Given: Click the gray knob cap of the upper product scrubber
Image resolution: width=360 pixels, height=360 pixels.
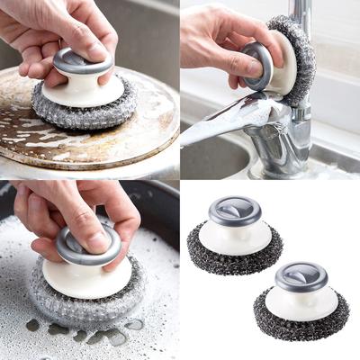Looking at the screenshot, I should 234,211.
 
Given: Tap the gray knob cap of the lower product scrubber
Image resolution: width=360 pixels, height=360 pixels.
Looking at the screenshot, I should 301,276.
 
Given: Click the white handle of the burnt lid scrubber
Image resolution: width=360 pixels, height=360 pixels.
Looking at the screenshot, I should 83,91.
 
